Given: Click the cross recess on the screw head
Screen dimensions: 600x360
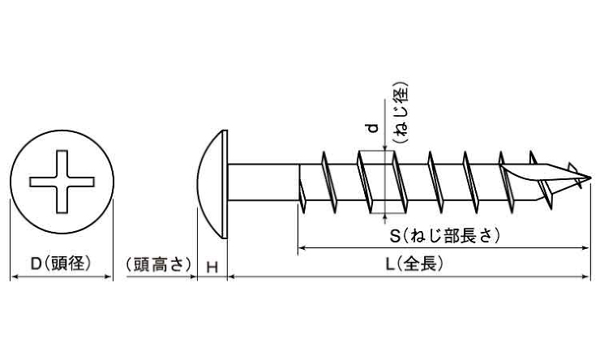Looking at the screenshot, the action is pos(62,182).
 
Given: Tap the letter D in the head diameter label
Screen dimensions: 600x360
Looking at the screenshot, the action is pos(36,264).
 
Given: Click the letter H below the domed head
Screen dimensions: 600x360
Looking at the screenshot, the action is pos(212,268).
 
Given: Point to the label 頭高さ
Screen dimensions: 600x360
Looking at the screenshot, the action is pos(160,264).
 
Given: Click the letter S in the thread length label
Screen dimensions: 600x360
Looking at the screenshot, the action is pos(395,236).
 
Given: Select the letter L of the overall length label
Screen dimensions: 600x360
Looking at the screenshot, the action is pos(389,264).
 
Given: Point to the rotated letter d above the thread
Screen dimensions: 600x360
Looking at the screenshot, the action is pos(372,127).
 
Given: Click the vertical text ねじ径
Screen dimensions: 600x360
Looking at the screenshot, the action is pos(401,113).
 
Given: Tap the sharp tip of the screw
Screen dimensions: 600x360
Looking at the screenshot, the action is pos(589,177).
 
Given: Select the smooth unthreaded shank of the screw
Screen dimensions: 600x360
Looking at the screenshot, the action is pos(264,182).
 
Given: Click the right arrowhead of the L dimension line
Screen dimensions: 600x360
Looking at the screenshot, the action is pos(585,276).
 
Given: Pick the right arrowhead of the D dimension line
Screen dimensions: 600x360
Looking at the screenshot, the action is pos(109,276).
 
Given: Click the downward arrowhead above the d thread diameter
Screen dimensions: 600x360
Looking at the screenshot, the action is pos(384,148).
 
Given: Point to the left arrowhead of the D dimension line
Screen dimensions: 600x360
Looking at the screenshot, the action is pos(15,276).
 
